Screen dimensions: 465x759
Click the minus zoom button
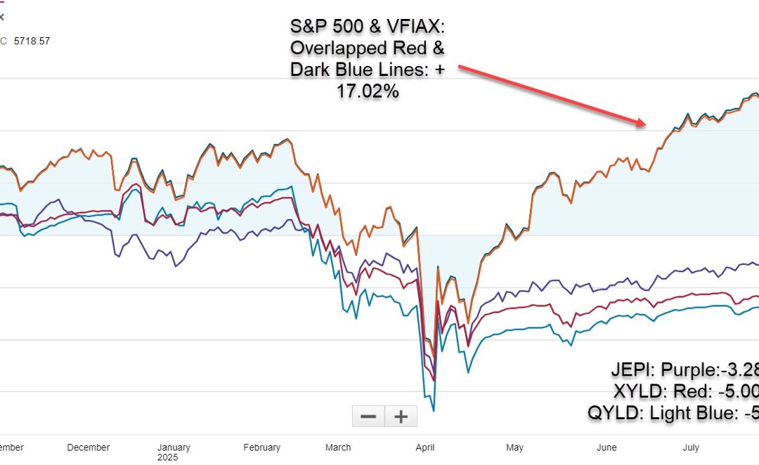(368, 417)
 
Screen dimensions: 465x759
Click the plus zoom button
(401, 417)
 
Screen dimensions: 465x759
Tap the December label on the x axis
(89, 447)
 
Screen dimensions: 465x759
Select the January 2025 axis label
(174, 452)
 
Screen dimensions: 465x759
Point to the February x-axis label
(261, 447)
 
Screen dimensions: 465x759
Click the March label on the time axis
(338, 447)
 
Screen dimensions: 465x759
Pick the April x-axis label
(426, 447)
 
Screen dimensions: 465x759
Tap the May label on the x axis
(514, 447)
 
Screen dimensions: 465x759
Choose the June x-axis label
(606, 447)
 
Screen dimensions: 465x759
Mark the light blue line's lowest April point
(434, 410)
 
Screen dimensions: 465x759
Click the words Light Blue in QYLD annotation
(692, 414)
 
